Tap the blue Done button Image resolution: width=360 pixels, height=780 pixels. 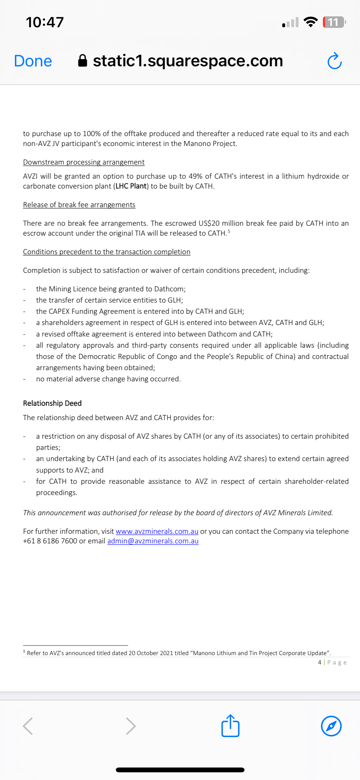[x=33, y=61]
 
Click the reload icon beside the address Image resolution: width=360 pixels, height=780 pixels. [x=335, y=61]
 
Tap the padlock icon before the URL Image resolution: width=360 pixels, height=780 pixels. [x=83, y=61]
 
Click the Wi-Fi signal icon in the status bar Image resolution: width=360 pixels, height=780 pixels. [x=310, y=22]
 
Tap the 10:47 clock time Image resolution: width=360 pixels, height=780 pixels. [x=45, y=22]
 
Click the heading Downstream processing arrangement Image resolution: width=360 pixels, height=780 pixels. [x=84, y=162]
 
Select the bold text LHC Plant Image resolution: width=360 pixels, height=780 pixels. [x=131, y=186]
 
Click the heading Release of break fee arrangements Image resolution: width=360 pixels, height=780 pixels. [x=79, y=205]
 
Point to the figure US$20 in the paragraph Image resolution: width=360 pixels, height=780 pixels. [x=209, y=223]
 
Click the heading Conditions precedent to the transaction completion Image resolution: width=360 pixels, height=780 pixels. [x=107, y=252]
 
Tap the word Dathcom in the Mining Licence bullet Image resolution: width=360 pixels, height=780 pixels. [x=169, y=289]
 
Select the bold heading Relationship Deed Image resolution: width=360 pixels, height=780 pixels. [x=52, y=403]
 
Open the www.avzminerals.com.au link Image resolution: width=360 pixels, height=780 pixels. [x=157, y=531]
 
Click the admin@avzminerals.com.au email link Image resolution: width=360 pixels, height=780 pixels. [x=153, y=541]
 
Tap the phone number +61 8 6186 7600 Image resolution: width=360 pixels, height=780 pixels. [x=50, y=541]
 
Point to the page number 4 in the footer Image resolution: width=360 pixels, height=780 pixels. [x=319, y=662]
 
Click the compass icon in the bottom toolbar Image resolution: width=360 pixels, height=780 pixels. [x=331, y=726]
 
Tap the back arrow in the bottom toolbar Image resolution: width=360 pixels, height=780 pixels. [x=28, y=726]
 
